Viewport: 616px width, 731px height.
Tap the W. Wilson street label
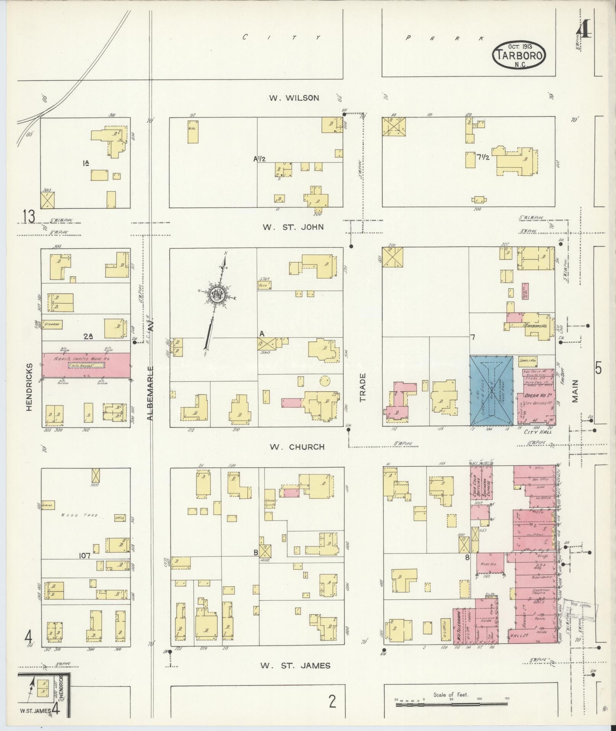click(294, 98)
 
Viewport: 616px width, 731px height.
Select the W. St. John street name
click(293, 227)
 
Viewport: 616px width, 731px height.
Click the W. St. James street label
click(295, 665)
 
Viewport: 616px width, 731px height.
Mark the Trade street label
click(362, 387)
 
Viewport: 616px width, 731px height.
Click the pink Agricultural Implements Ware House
click(86, 365)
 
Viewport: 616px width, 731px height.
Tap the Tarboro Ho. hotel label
click(537, 326)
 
